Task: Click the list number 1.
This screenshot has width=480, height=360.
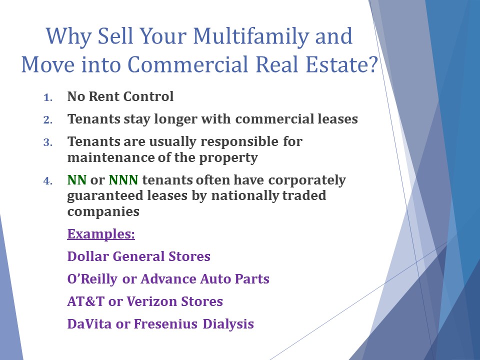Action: click(48, 97)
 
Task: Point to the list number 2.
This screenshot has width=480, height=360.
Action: click(48, 120)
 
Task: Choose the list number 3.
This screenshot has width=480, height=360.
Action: click(48, 142)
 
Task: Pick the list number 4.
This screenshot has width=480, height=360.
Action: click(48, 181)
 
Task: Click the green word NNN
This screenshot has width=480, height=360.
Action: click(123, 180)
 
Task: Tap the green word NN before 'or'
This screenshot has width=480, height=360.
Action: click(76, 180)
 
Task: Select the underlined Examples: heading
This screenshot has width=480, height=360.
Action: click(101, 234)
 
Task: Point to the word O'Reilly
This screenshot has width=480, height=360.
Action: click(92, 279)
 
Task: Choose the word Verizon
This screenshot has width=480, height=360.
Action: click(151, 301)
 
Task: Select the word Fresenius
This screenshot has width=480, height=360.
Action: click(165, 324)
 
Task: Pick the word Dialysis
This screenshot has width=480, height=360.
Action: click(228, 324)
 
